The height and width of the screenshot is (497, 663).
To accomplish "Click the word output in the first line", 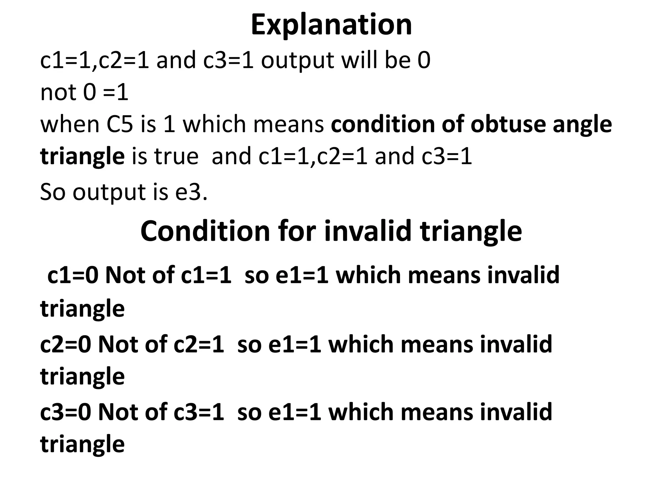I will tap(298, 61).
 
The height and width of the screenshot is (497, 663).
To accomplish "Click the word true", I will tap(176, 156).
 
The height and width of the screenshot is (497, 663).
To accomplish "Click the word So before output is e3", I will tap(53, 192).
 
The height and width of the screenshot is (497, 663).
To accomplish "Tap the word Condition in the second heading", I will tap(205, 231).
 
